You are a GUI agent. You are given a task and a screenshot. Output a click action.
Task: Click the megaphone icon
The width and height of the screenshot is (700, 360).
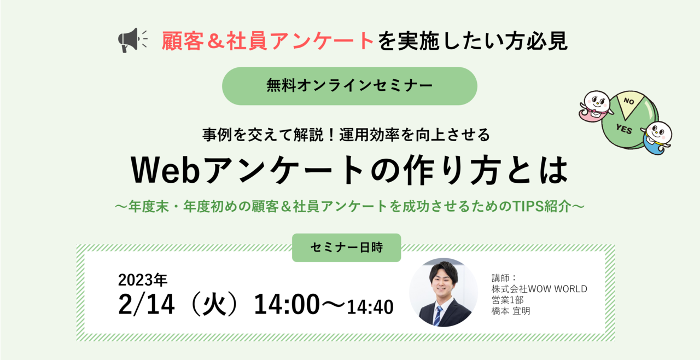[x=132, y=40]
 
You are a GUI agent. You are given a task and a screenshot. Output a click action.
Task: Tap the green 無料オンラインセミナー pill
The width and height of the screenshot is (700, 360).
[x=349, y=86]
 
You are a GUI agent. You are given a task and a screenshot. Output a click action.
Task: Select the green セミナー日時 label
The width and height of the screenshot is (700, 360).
[x=346, y=247]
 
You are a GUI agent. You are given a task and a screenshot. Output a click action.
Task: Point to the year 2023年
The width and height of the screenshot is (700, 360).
[x=143, y=280]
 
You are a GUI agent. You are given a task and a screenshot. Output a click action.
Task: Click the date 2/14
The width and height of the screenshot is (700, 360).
[x=146, y=304]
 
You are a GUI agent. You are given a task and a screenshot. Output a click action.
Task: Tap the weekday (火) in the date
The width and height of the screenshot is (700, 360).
[x=214, y=304]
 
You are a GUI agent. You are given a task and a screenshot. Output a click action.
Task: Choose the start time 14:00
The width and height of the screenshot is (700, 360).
[x=287, y=304]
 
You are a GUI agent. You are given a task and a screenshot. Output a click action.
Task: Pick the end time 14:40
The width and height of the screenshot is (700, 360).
[x=370, y=307]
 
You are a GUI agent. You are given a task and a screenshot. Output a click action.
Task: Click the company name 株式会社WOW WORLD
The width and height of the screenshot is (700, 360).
[x=539, y=289]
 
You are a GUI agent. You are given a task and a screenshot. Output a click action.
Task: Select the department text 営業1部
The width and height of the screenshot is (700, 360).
[x=507, y=300]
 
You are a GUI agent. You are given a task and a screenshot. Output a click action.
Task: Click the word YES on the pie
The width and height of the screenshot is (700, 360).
[x=624, y=129]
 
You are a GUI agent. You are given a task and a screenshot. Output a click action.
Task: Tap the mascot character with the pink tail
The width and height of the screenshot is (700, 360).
[x=595, y=106]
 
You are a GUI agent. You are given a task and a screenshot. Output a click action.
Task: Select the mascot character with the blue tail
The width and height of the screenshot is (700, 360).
[x=656, y=137]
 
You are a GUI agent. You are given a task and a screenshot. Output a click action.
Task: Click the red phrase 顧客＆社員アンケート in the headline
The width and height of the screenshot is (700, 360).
[x=268, y=41]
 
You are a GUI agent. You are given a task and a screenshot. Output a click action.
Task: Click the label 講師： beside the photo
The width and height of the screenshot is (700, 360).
[x=504, y=277]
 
